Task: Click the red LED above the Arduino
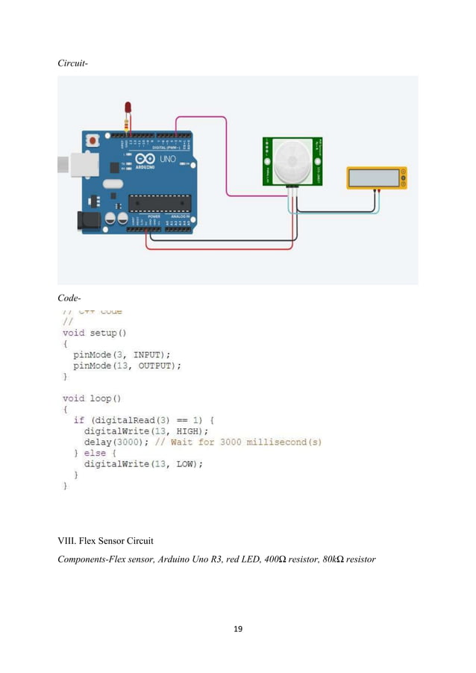click(x=127, y=110)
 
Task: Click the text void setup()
click(x=94, y=333)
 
